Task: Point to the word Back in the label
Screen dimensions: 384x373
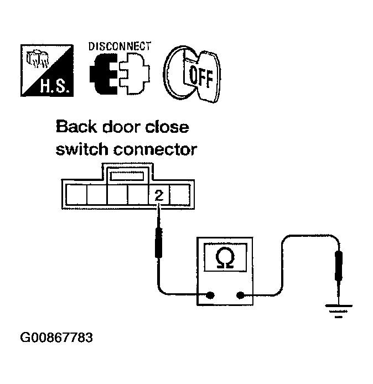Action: (x=76, y=128)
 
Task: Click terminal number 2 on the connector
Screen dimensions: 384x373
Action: (x=159, y=194)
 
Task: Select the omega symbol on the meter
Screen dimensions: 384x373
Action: (x=224, y=258)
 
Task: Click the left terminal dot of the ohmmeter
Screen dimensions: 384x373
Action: (x=210, y=295)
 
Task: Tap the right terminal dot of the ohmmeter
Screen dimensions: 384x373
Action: (x=241, y=295)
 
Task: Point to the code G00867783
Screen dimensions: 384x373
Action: (x=56, y=338)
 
